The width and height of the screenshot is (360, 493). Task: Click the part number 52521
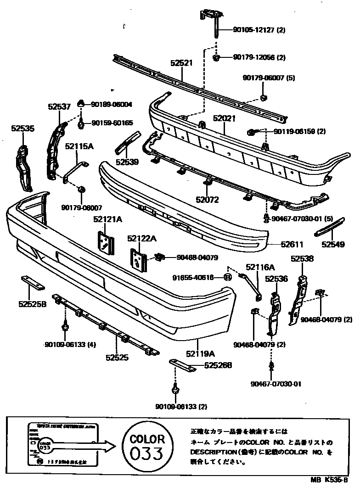point(181,64)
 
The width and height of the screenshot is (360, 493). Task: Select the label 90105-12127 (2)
point(259,31)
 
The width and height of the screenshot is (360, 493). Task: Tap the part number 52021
point(224,118)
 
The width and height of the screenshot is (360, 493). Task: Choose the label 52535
point(22,129)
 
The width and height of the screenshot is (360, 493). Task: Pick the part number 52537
point(59,107)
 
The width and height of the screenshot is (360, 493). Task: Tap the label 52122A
point(142,238)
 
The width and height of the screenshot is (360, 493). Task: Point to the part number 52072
point(208,200)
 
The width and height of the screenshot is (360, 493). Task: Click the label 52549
point(333,245)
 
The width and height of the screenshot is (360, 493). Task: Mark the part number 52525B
point(32,303)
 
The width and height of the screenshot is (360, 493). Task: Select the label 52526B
point(218,366)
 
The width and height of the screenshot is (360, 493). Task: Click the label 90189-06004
point(112,105)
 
